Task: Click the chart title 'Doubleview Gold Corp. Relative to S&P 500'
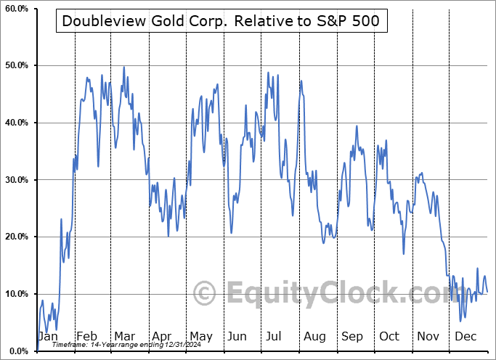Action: (x=220, y=21)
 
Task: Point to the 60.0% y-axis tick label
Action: (x=16, y=9)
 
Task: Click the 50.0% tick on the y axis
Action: (x=16, y=66)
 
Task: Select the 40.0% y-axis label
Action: (x=16, y=123)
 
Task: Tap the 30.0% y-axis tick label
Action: (x=16, y=180)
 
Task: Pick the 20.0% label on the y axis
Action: (x=16, y=237)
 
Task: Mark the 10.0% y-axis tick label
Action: (x=16, y=294)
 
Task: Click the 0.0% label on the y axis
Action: (x=18, y=351)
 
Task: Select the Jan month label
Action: (x=48, y=337)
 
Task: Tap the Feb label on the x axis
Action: (x=86, y=337)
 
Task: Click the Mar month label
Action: (x=124, y=337)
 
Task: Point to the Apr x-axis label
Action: (x=162, y=337)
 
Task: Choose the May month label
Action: (x=200, y=337)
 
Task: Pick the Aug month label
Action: (x=314, y=337)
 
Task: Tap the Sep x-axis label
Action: (x=351, y=337)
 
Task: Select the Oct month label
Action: (x=389, y=337)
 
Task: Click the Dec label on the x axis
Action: (x=465, y=337)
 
